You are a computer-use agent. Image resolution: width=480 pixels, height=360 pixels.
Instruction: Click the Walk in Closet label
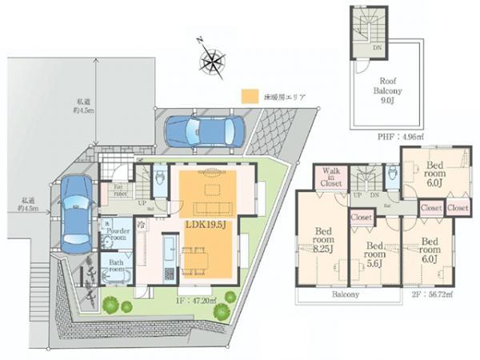point(331,178)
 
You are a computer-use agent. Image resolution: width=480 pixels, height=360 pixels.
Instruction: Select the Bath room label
point(117,266)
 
